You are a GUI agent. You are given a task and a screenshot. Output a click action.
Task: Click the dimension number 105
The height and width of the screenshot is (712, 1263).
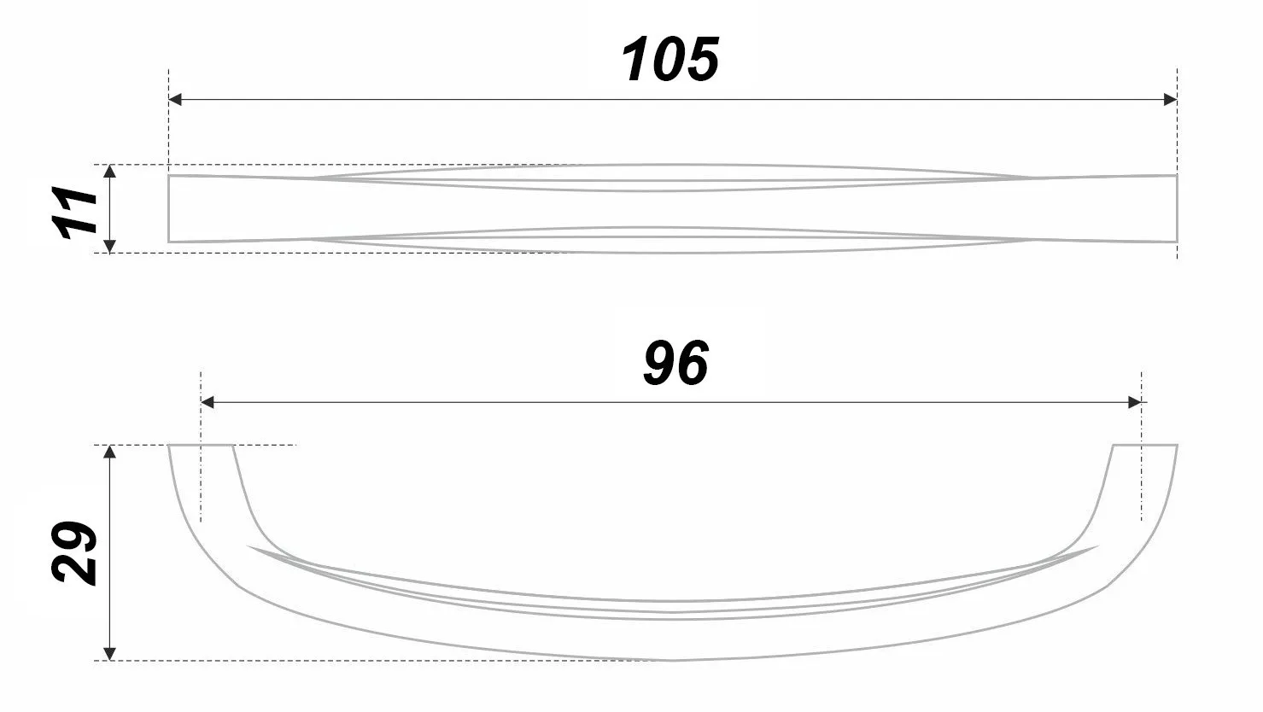pos(670,59)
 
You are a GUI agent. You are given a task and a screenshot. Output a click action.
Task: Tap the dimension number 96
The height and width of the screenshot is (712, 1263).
pos(675,363)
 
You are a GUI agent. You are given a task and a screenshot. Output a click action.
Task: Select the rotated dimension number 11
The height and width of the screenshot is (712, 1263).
pos(74,212)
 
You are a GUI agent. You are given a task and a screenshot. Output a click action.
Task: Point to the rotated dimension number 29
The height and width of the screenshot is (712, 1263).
pos(73,553)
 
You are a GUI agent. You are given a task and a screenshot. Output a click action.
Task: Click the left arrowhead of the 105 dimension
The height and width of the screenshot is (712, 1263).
pos(175,100)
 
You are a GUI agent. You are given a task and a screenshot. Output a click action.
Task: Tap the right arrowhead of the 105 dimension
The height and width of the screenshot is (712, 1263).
pos(1170,100)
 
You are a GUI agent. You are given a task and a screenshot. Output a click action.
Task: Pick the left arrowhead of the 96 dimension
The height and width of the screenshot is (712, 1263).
pos(208,402)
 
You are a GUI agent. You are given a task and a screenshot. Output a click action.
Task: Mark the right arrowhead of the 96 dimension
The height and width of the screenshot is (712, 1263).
pos(1135,402)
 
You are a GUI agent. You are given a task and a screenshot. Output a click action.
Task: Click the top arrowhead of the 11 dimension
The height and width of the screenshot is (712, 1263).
pos(110,172)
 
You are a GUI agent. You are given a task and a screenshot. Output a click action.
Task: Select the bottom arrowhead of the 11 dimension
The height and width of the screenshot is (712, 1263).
pos(110,247)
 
